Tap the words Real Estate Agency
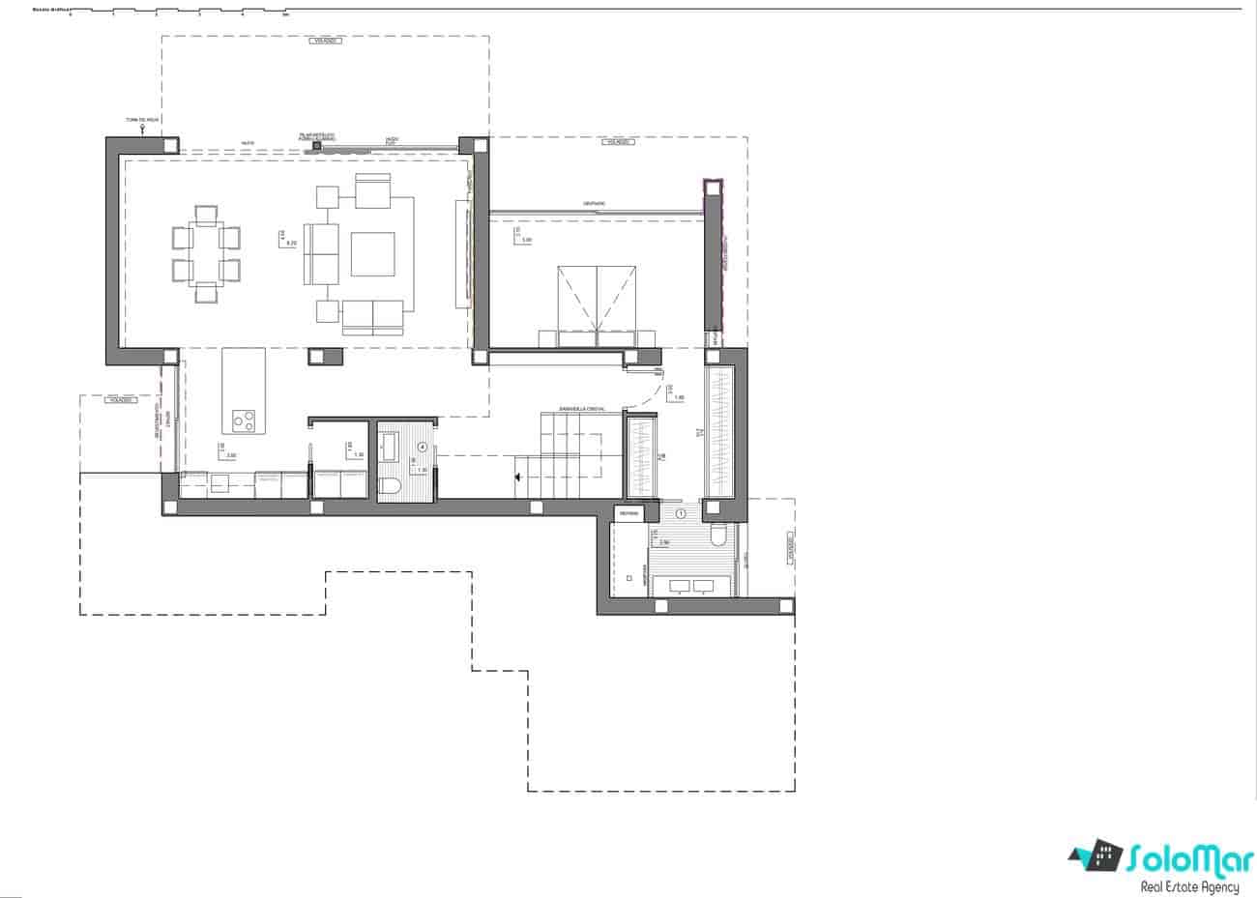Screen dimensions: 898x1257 [x=1189, y=886]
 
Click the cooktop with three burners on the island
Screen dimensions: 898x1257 [x=244, y=420]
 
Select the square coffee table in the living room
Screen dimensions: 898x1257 [x=373, y=253]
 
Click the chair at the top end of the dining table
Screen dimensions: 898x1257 [x=205, y=215]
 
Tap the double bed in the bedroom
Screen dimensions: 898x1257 [x=596, y=304]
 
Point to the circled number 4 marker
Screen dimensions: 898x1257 [x=422, y=447]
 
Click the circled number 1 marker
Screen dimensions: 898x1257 [x=681, y=514]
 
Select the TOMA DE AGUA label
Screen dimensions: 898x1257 [x=141, y=120]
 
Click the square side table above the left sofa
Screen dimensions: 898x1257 [x=327, y=196]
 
